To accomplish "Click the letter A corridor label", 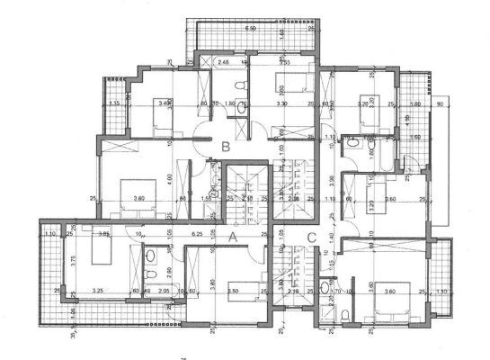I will click(x=233, y=238).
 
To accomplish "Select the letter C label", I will click(x=311, y=238).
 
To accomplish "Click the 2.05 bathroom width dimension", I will click(x=163, y=291).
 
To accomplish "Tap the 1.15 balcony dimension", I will click(x=114, y=103).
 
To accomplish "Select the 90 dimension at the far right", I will click(x=440, y=103).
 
